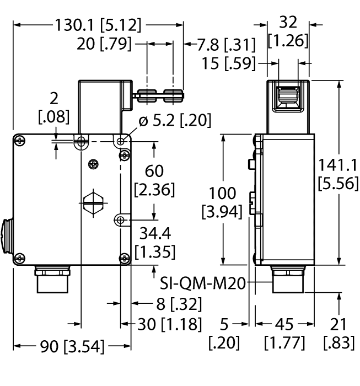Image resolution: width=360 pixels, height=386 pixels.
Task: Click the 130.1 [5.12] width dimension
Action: click(x=98, y=25)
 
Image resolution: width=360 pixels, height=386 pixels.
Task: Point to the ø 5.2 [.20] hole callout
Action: click(x=175, y=121)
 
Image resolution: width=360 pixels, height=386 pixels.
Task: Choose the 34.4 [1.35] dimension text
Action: click(x=155, y=242)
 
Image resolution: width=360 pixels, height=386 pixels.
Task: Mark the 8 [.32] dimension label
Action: click(x=168, y=304)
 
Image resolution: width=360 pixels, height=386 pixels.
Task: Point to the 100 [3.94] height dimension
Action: click(x=222, y=202)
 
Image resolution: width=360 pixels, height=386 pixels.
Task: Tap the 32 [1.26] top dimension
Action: click(x=288, y=31)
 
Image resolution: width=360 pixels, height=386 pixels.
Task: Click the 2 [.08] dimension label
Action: click(x=53, y=108)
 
